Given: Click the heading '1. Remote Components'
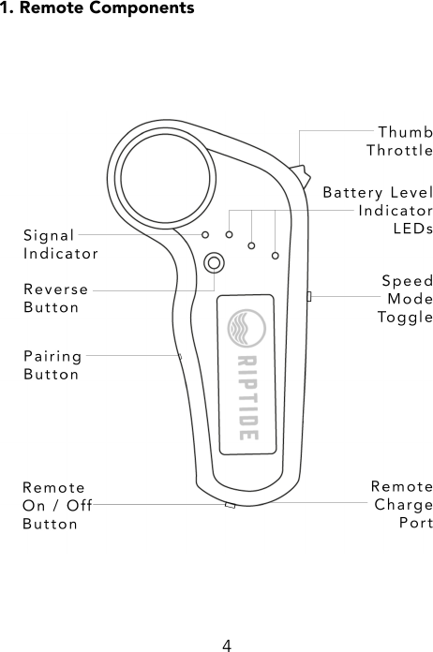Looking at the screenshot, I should pyautogui.click(x=97, y=8).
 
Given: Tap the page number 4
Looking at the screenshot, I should pyautogui.click(x=226, y=645).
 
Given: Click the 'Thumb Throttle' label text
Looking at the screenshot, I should pyautogui.click(x=399, y=141).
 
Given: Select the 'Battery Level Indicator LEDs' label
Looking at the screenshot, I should pyautogui.click(x=378, y=211).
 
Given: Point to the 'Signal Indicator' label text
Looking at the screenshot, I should pyautogui.click(x=60, y=244).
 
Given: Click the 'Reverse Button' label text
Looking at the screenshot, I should pyautogui.click(x=56, y=298).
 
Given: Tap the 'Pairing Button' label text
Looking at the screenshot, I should pyautogui.click(x=52, y=364).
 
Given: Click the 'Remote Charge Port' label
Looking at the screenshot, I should pyautogui.click(x=401, y=505).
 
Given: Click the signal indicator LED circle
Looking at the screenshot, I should pyautogui.click(x=205, y=234).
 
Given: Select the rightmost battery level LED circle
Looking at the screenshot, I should pyautogui.click(x=275, y=255).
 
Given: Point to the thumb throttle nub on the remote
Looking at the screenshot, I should pyautogui.click(x=302, y=176).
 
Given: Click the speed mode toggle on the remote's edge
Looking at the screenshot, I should pyautogui.click(x=309, y=297).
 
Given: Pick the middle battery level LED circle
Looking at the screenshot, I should pyautogui.click(x=251, y=245).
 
